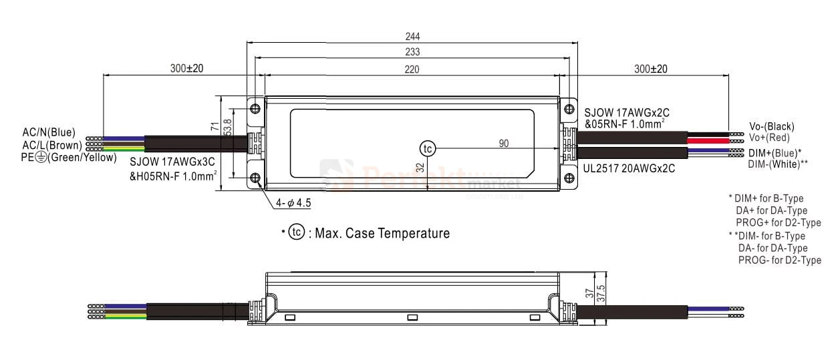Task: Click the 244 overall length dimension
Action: pos(412,36)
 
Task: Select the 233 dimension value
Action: pos(412,51)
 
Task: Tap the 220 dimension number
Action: pos(412,69)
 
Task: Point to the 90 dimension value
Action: pos(504,144)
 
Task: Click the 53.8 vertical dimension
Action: pos(228,128)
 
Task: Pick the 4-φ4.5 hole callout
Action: pos(293,202)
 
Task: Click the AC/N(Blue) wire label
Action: pos(49,132)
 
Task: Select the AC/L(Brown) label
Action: pos(52,145)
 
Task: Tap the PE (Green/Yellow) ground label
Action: pos(69,158)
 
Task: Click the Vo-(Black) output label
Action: pos(772,126)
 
